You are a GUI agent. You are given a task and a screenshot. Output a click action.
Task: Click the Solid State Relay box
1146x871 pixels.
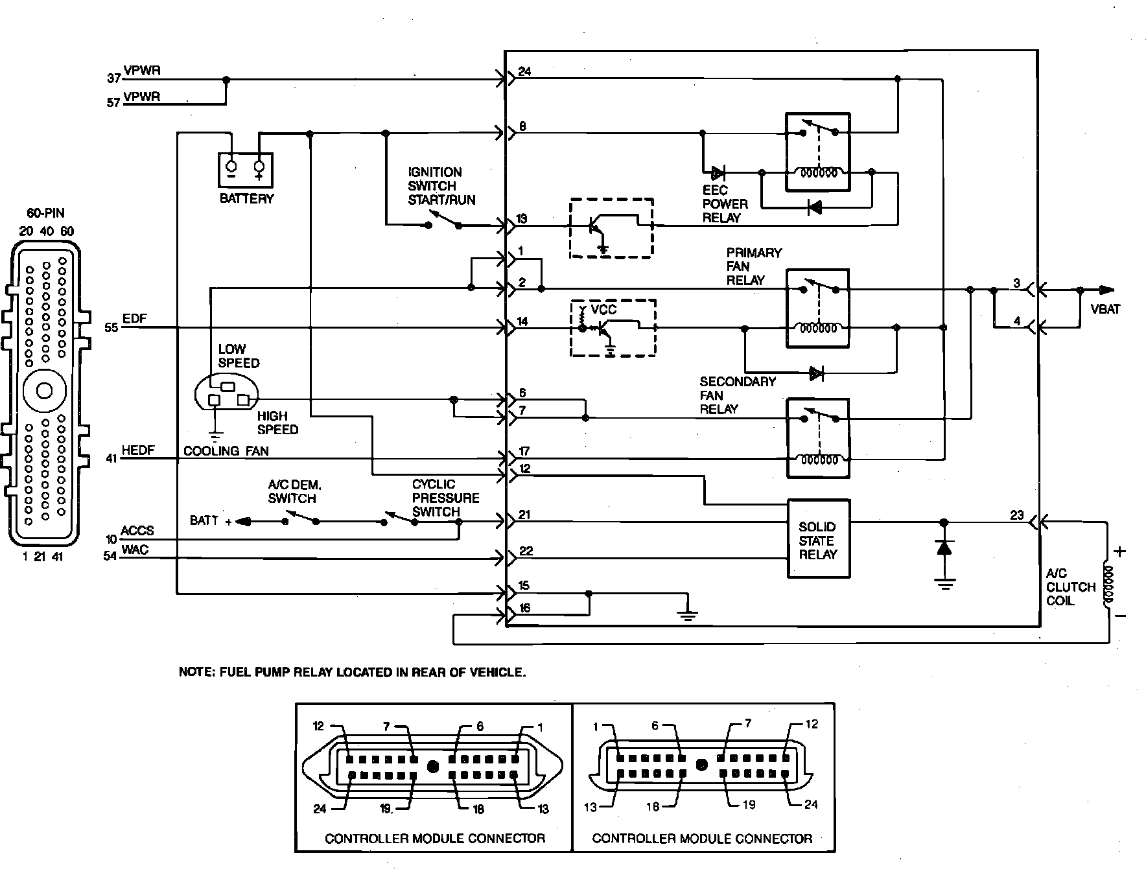pyautogui.click(x=818, y=539)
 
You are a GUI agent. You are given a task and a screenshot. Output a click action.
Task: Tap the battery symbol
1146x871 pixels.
pyautogui.click(x=246, y=170)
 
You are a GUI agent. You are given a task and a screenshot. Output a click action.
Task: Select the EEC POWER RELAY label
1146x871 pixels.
pyautogui.click(x=725, y=204)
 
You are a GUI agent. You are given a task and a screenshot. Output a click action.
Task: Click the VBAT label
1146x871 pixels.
pyautogui.click(x=1105, y=310)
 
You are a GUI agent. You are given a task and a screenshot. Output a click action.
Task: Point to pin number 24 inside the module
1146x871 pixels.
pyautogui.click(x=525, y=71)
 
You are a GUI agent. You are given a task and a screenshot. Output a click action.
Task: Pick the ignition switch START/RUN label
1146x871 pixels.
pyautogui.click(x=441, y=186)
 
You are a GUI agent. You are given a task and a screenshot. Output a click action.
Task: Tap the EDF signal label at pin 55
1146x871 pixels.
pyautogui.click(x=134, y=319)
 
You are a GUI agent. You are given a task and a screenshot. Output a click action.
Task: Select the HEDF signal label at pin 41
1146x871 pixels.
pyautogui.click(x=138, y=450)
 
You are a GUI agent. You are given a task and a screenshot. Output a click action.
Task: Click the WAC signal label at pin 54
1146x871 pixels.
pyautogui.click(x=135, y=550)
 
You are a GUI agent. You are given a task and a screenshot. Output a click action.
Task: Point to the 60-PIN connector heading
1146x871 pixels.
pyautogui.click(x=45, y=213)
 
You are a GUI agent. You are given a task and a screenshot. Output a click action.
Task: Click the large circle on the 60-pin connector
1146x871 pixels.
pyautogui.click(x=45, y=391)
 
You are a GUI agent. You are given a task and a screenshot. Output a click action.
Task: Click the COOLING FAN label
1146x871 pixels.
pyautogui.click(x=226, y=451)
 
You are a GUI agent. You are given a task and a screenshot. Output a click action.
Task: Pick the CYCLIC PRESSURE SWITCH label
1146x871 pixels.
pyautogui.click(x=445, y=498)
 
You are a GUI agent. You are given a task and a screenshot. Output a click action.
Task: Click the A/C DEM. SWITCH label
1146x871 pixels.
pyautogui.click(x=294, y=491)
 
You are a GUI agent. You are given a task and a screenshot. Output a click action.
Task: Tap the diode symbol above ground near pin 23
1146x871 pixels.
pyautogui.click(x=944, y=548)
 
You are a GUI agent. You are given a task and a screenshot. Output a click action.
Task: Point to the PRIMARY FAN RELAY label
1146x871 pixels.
pyautogui.click(x=754, y=266)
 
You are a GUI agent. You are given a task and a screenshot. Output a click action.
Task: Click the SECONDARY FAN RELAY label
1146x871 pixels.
pyautogui.click(x=738, y=395)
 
